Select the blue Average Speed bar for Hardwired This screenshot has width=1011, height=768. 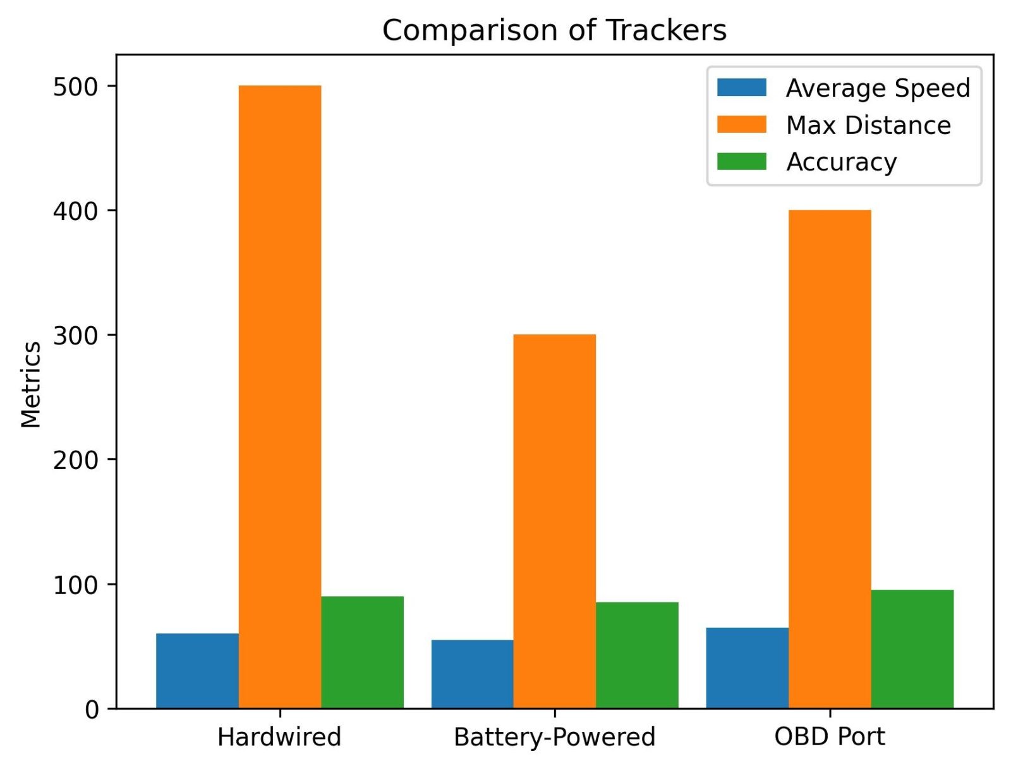(197, 671)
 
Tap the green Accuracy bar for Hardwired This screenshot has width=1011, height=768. (362, 652)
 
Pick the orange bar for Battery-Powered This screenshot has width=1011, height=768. (554, 521)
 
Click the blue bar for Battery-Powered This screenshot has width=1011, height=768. (472, 674)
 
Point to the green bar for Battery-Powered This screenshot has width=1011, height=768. (637, 655)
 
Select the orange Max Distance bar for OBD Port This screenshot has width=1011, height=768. (830, 459)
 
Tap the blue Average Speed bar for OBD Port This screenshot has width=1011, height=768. (747, 667)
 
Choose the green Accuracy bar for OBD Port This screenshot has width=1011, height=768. (912, 649)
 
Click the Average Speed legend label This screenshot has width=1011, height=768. (878, 88)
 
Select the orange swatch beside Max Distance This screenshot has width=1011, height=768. (741, 125)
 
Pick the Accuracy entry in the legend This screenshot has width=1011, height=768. (841, 162)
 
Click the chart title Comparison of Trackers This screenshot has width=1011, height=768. (554, 30)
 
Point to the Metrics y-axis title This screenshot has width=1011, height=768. (30, 384)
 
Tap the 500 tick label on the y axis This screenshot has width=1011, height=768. (76, 87)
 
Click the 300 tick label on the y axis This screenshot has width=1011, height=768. (76, 335)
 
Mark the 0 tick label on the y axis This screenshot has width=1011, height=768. (92, 709)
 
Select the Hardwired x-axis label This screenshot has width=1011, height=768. (279, 737)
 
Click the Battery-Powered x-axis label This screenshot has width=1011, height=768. (554, 737)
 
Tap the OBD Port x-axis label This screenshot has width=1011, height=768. (830, 737)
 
